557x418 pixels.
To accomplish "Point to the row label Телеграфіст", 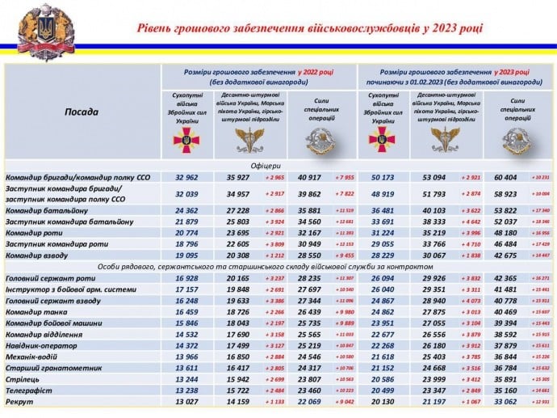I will (30, 390).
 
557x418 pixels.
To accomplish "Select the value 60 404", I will (505, 176).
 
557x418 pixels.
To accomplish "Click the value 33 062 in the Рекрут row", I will (505, 402).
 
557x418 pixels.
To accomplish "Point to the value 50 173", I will (383, 176).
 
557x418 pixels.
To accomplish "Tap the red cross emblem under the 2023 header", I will (382, 140).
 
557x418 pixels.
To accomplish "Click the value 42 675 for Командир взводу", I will (505, 255).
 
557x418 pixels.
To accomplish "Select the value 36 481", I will (383, 210).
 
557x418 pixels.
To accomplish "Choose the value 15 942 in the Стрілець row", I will (239, 378).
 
